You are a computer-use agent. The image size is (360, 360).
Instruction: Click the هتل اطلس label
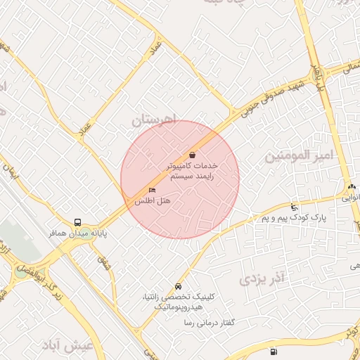(x=153, y=200)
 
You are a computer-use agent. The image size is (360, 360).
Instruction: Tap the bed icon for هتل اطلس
(x=153, y=191)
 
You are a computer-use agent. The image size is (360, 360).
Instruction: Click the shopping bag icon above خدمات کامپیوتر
(x=192, y=154)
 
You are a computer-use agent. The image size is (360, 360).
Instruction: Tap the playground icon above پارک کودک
(x=294, y=207)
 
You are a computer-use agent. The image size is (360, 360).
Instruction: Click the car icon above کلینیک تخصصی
(x=179, y=287)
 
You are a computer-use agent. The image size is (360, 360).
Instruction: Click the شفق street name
(x=106, y=262)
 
